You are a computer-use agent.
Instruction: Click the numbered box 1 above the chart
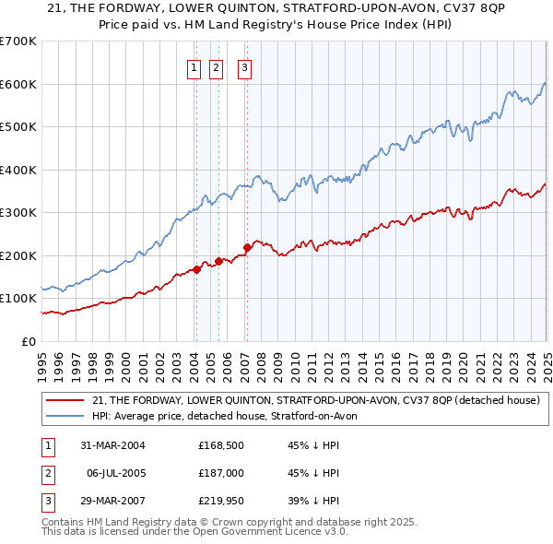[x=195, y=66]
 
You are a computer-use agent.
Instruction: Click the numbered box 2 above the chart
[x=217, y=66]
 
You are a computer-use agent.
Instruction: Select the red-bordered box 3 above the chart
[x=245, y=66]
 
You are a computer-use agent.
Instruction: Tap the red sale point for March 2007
[x=247, y=247]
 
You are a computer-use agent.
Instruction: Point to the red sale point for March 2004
[x=196, y=269]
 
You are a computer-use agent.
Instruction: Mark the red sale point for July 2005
[x=218, y=261]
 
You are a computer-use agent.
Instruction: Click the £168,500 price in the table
[x=220, y=445]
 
